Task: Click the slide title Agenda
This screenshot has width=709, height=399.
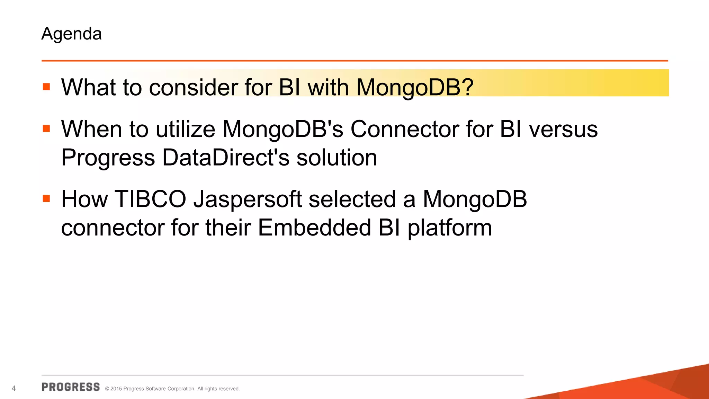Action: pos(71,34)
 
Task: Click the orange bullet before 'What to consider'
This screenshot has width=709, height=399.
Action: pos(46,87)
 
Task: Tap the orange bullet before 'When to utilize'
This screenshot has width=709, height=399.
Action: pos(46,129)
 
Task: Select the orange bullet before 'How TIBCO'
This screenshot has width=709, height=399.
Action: pos(46,199)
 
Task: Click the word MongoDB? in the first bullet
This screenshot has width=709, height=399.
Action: pos(415,87)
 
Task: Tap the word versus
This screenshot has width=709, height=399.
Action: pos(563,130)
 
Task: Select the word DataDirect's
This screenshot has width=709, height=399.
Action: pos(225,158)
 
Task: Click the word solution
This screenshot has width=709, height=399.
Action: pos(336,158)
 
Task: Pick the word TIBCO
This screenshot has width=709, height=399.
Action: pos(150,199)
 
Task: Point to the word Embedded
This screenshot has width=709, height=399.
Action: pos(314,228)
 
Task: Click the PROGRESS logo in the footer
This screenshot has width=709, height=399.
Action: pos(71,387)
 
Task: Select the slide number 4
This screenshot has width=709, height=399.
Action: pos(14,388)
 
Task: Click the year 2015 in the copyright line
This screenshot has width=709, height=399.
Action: pos(116,389)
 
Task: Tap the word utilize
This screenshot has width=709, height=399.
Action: pos(186,130)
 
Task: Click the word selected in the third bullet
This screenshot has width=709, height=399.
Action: pos(352,199)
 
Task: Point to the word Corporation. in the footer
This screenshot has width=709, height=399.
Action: pos(181,389)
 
